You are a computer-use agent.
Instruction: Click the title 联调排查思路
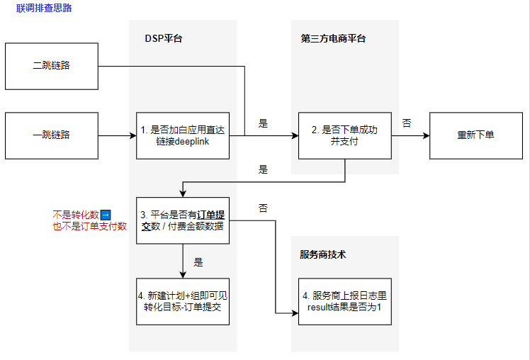[x=44, y=9]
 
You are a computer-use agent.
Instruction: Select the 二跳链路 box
[x=51, y=66]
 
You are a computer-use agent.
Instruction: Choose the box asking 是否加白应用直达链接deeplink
[x=183, y=135]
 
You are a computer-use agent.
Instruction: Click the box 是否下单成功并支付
[x=344, y=135]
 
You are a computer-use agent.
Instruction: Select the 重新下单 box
[x=475, y=135]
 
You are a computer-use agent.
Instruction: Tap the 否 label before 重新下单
[x=407, y=123]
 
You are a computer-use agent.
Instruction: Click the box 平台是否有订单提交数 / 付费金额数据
[x=183, y=220]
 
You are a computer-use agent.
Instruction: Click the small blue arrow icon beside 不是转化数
[x=105, y=215]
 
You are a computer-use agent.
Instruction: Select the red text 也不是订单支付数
[x=89, y=227]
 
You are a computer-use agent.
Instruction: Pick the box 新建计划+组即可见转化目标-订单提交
[x=183, y=301]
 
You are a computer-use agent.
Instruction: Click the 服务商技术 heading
[x=322, y=255]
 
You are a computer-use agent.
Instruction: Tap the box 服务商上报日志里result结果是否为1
[x=344, y=301]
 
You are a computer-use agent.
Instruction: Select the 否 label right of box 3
[x=263, y=208]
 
